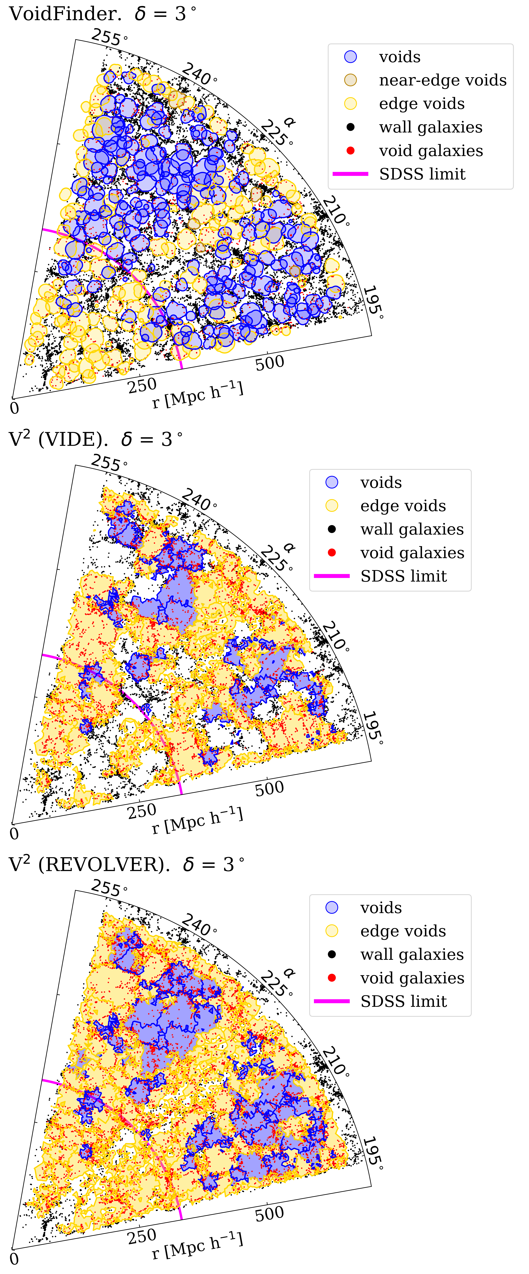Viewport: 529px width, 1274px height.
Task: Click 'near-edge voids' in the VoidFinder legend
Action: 442,80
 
